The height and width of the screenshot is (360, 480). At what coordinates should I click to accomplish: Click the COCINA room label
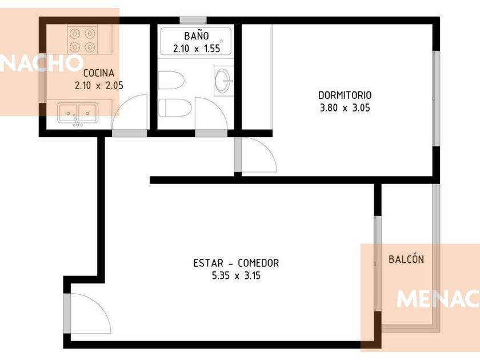tap(98, 73)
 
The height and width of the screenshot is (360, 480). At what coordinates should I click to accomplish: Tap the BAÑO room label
tap(197, 36)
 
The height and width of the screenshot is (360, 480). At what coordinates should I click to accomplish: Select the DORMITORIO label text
tap(345, 95)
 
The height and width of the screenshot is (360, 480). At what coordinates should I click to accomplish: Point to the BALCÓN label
tap(406, 259)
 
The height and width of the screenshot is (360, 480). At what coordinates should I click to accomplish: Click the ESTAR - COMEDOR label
tap(236, 263)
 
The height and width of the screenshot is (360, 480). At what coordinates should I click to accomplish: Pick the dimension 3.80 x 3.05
tap(345, 108)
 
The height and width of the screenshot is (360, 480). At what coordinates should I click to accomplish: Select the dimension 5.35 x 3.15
tap(236, 275)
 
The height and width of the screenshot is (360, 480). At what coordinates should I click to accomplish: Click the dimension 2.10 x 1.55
tap(197, 49)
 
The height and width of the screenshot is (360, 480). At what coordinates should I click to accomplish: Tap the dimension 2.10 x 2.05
tap(99, 85)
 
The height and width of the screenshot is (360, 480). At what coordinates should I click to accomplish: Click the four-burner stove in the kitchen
tap(82, 40)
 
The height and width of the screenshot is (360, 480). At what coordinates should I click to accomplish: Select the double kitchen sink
tap(78, 113)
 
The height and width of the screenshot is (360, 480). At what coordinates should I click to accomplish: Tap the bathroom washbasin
tap(223, 81)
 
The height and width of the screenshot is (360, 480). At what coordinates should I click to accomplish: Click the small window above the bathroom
tap(193, 20)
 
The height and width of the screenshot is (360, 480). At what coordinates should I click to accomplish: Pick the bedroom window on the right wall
tap(436, 98)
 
